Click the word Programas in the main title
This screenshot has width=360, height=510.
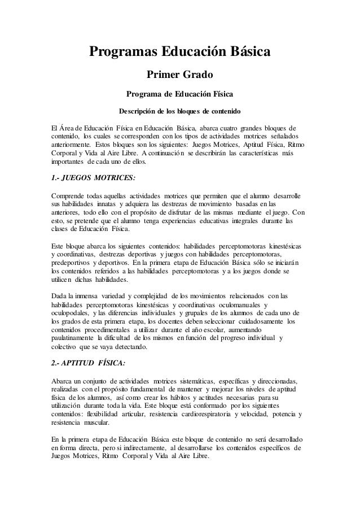[123, 54]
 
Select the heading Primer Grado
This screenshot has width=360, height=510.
[179, 75]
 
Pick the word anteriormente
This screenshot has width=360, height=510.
[71, 145]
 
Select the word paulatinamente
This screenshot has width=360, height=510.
[73, 338]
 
